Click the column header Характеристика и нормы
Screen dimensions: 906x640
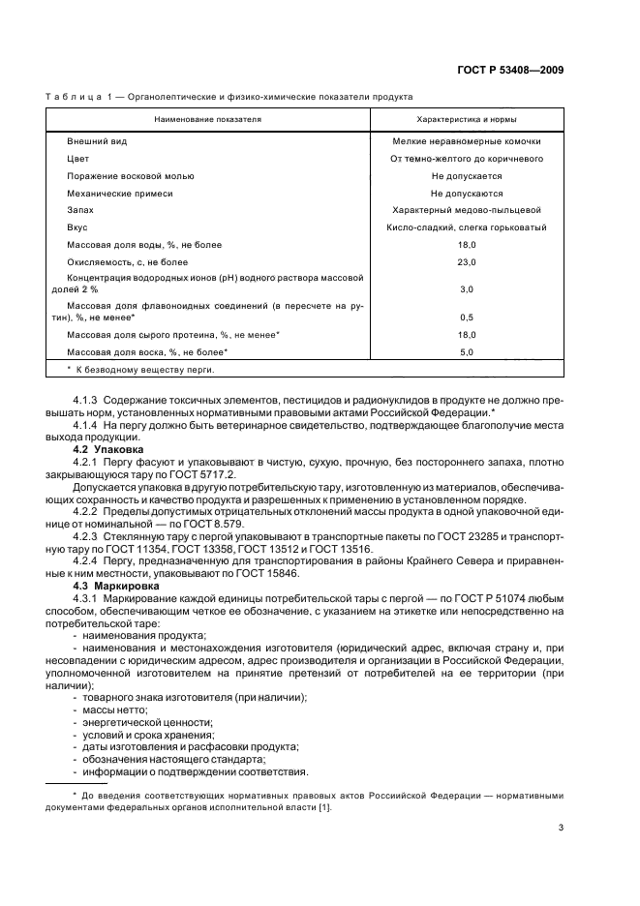click(x=466, y=119)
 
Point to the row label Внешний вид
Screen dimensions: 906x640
click(x=97, y=141)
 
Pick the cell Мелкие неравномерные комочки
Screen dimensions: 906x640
click(x=466, y=141)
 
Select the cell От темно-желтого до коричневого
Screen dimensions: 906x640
click(x=466, y=159)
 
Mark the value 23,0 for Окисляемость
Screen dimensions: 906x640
click(x=466, y=262)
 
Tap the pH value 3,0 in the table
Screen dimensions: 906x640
click(x=466, y=289)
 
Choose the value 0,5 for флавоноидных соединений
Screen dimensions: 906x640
click(x=466, y=317)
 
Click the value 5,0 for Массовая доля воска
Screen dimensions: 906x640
click(x=466, y=351)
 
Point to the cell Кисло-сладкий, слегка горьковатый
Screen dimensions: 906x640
click(x=466, y=227)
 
